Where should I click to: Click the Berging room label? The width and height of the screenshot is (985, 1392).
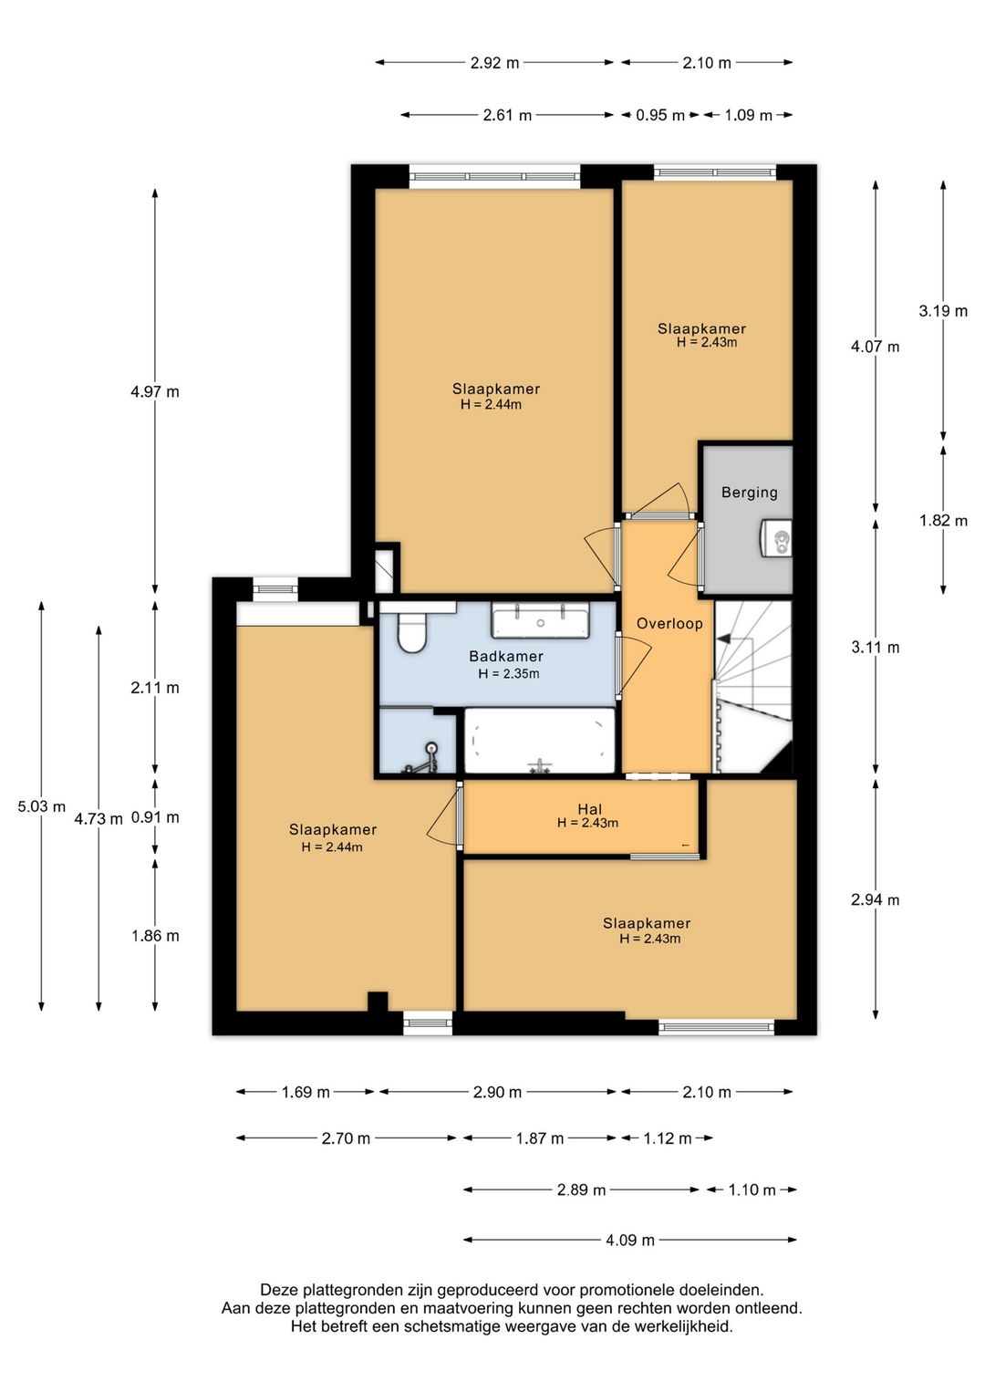[x=749, y=493]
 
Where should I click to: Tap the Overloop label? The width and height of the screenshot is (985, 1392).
[x=669, y=623]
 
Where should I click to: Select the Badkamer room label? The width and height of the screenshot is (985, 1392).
[x=506, y=656]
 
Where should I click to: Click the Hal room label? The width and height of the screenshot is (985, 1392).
[x=589, y=809]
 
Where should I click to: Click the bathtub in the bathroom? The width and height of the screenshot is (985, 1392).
[x=539, y=741]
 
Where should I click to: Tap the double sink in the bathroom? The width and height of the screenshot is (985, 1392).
[x=540, y=619]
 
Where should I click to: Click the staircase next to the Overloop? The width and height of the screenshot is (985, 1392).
[x=753, y=687]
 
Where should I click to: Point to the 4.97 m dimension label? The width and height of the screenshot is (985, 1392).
[x=155, y=392]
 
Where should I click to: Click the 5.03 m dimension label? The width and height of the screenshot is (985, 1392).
[x=41, y=806]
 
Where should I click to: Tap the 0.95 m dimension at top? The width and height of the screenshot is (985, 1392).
[x=660, y=115]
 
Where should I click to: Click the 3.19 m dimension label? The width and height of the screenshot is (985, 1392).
[x=943, y=311]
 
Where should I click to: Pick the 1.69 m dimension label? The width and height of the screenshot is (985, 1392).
[x=306, y=1092]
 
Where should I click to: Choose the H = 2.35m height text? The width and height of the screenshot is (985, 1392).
[x=508, y=673]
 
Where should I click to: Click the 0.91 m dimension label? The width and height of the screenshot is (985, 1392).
[x=155, y=817]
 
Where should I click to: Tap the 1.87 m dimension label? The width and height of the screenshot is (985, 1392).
[x=539, y=1138]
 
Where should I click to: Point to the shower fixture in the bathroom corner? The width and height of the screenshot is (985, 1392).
[x=423, y=759]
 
